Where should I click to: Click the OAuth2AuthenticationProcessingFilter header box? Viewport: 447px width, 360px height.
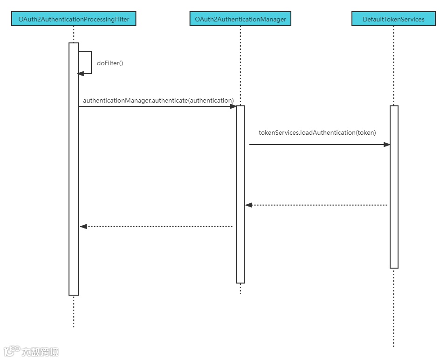(74, 19)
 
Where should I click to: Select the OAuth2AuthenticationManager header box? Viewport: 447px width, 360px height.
(241, 19)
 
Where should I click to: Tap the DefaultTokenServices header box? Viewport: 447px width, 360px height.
(393, 19)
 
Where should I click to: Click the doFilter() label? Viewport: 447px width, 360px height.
(110, 63)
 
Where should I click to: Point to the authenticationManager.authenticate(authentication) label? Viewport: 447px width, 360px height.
(158, 100)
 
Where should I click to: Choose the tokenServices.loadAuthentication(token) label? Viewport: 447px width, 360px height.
(317, 132)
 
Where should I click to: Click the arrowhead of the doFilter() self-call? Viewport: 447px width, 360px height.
(80, 73)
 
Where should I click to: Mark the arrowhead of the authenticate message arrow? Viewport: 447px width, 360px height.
(233, 106)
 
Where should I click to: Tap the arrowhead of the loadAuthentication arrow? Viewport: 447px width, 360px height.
(386, 145)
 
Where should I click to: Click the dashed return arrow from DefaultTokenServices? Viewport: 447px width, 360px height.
(317, 205)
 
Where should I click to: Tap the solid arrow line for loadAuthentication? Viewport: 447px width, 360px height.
(317, 145)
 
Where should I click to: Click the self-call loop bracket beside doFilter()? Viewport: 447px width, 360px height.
(90, 62)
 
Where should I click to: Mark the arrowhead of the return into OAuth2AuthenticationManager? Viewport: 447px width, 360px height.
(249, 205)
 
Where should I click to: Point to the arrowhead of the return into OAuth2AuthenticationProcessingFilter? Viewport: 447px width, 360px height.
(83, 226)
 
